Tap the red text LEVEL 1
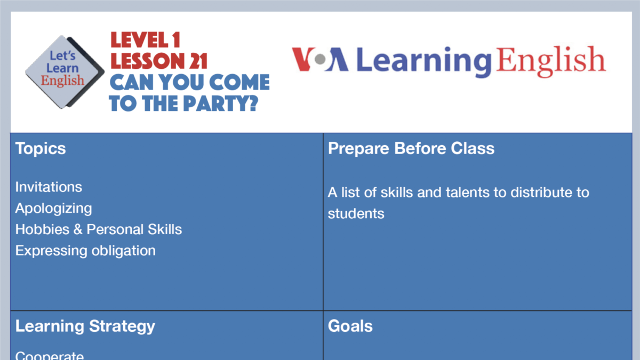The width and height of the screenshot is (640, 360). tap(145, 41)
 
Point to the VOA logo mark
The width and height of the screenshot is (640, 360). tap(320, 60)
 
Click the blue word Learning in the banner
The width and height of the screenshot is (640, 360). tap(423, 61)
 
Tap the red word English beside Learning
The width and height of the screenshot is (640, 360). tap(550, 60)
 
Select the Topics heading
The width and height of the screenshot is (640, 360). tap(41, 148)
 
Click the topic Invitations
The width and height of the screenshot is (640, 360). tap(49, 187)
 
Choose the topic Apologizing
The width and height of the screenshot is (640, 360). tap(53, 209)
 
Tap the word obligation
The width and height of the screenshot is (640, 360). tap(122, 251)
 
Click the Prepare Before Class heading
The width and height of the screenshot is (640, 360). tap(411, 148)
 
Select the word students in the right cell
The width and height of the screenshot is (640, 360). tap(356, 214)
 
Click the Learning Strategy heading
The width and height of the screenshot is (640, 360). tap(85, 326)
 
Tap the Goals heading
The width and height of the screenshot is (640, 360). tap(350, 326)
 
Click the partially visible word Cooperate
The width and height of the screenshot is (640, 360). tap(50, 355)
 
